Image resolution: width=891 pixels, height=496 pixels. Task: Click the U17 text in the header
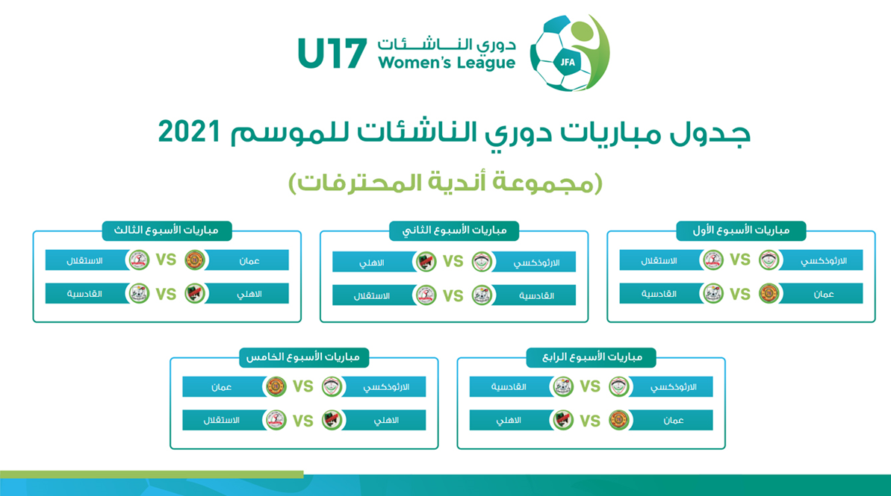[x=332, y=54]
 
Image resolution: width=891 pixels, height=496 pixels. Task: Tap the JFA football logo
[x=570, y=53]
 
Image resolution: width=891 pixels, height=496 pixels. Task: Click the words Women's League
[x=447, y=63]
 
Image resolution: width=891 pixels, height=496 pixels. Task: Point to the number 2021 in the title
[x=189, y=132]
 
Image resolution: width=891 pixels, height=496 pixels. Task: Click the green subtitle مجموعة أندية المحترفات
[x=445, y=183]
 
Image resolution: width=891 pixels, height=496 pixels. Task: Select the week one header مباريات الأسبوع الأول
[x=741, y=230]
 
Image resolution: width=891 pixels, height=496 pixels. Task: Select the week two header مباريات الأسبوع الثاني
[x=454, y=230]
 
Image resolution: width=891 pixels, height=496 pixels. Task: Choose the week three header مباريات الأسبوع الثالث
[x=167, y=230]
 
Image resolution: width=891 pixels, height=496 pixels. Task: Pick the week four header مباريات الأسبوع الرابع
[x=592, y=357]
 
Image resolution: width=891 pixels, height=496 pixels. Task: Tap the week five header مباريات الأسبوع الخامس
[x=303, y=357]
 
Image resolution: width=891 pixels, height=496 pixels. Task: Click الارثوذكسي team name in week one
[x=823, y=261]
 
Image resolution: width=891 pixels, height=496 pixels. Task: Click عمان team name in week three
[x=249, y=261]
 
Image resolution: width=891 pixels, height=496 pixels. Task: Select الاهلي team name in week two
[x=372, y=263]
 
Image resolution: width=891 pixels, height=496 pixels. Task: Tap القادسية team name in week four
[x=509, y=387]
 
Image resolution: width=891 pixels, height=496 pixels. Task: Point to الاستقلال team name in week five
[x=221, y=421]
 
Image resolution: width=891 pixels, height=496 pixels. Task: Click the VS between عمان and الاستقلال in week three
[x=166, y=260]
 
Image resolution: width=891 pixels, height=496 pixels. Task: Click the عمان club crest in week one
[x=769, y=293]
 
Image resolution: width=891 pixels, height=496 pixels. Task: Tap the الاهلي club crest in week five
[x=332, y=421]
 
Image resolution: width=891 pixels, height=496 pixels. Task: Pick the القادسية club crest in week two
[x=482, y=295]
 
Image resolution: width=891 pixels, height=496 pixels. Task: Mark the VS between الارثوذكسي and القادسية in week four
[x=590, y=386]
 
